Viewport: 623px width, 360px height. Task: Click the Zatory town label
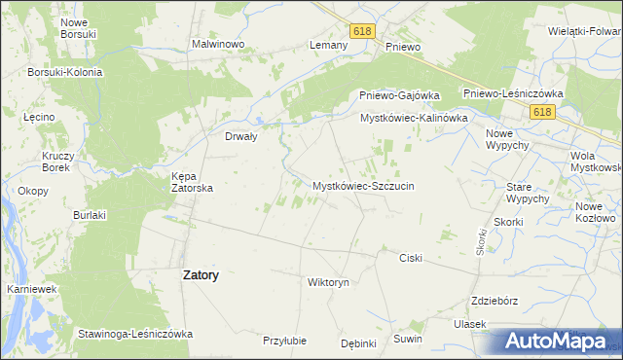pyautogui.click(x=201, y=275)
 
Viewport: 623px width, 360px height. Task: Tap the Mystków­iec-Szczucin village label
pyautogui.click(x=364, y=185)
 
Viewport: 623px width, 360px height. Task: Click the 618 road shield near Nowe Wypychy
pyautogui.click(x=542, y=113)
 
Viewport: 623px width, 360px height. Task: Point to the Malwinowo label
pyautogui.click(x=217, y=45)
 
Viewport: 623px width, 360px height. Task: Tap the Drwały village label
pyautogui.click(x=240, y=137)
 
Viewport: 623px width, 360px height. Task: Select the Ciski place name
pyautogui.click(x=411, y=258)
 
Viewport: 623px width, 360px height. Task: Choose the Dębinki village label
pyautogui.click(x=358, y=342)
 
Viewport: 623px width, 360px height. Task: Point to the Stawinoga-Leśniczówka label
pyautogui.click(x=136, y=334)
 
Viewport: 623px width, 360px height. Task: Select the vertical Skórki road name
pyautogui.click(x=481, y=241)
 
